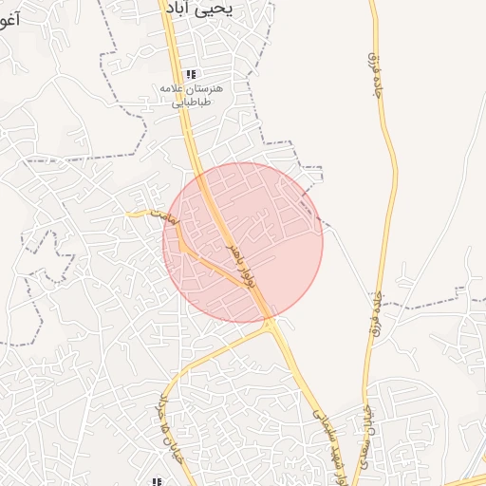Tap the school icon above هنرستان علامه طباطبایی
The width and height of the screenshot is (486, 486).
pyautogui.click(x=192, y=74)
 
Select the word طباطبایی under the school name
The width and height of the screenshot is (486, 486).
pyautogui.click(x=192, y=103)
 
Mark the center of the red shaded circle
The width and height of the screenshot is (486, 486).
pyautogui.click(x=243, y=242)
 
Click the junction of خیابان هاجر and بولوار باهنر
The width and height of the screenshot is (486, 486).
pyautogui.click(x=271, y=326)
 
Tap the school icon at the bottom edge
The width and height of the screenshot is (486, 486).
pyautogui.click(x=157, y=481)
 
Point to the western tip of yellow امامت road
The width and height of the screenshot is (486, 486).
pyautogui.click(x=131, y=213)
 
